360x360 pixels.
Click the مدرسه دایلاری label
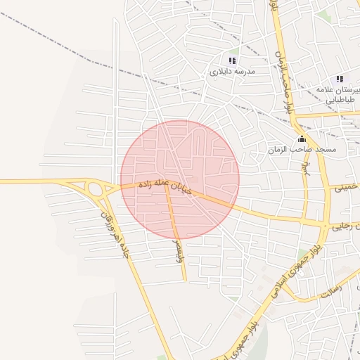pyautogui.click(x=233, y=72)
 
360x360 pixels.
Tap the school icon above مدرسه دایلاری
pyautogui.click(x=233, y=60)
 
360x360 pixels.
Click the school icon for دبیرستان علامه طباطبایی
pyautogui.click(x=340, y=79)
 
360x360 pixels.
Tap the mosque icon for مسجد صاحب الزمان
pyautogui.click(x=302, y=139)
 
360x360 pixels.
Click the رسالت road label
pyautogui.click(x=330, y=288)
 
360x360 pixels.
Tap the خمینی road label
pyautogui.click(x=345, y=188)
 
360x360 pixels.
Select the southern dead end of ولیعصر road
pyautogui.click(x=186, y=280)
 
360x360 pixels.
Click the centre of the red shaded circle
pyautogui.click(x=180, y=179)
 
